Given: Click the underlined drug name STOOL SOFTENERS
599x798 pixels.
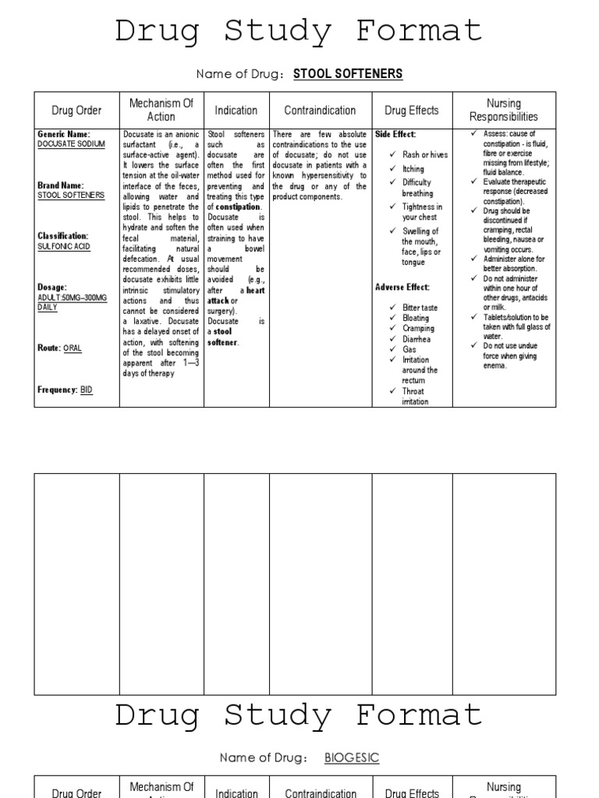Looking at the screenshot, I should (348, 74).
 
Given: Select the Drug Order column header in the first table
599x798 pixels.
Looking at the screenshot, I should (76, 111).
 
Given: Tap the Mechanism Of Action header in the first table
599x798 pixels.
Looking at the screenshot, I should (161, 110).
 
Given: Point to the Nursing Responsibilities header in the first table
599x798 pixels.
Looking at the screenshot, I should (503, 110).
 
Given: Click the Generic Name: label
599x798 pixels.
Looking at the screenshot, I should (64, 134).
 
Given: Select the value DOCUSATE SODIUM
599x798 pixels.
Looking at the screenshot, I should (71, 144).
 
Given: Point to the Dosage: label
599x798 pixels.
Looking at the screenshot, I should (52, 288).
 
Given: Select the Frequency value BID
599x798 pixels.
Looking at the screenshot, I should (86, 390).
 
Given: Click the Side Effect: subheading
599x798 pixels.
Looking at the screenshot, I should (395, 134).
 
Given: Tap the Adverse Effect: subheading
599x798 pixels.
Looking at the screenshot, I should (402, 288).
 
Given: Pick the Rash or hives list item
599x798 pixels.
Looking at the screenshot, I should (425, 155).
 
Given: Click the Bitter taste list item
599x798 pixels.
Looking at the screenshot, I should (420, 308).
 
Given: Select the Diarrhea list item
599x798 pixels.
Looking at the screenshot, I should (416, 340).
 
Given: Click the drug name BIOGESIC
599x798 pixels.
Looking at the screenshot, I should (352, 757).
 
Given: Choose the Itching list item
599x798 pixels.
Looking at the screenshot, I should (413, 169).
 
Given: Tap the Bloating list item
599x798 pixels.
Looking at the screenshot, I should (416, 319).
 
